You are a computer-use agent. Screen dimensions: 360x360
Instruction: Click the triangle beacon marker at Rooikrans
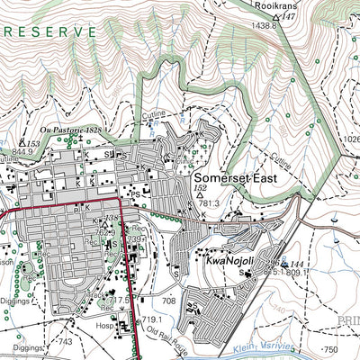[277, 17]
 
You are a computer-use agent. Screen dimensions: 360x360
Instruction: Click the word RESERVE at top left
[49, 31]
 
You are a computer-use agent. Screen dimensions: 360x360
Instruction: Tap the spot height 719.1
[149, 319]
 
